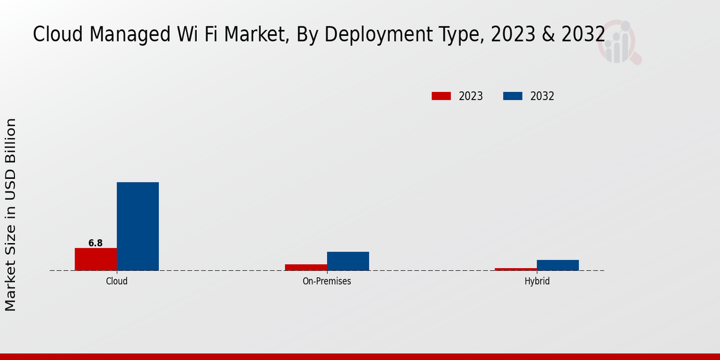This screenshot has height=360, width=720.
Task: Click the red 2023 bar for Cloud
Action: pyautogui.click(x=96, y=259)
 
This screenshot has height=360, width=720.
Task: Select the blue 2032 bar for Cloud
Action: pyautogui.click(x=138, y=226)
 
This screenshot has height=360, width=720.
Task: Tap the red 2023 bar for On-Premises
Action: pyautogui.click(x=306, y=267)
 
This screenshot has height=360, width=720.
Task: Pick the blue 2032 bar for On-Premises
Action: pyautogui.click(x=348, y=261)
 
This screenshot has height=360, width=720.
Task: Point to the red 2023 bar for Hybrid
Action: pyautogui.click(x=516, y=269)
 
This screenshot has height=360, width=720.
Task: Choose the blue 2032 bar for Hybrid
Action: pyautogui.click(x=558, y=265)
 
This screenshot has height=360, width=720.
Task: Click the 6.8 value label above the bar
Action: pyautogui.click(x=95, y=243)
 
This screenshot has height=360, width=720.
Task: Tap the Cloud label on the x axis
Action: pyautogui.click(x=117, y=281)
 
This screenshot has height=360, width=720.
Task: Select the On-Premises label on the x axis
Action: pyautogui.click(x=327, y=281)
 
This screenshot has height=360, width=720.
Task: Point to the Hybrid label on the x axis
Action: pyautogui.click(x=537, y=281)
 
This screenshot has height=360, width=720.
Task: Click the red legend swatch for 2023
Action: pyautogui.click(x=441, y=96)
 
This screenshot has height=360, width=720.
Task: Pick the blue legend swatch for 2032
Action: pyautogui.click(x=512, y=96)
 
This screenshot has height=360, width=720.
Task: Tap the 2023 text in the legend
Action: pyautogui.click(x=471, y=96)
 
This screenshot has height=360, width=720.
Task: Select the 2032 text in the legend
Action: pyautogui.click(x=542, y=96)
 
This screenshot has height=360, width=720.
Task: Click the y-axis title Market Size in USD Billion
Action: pyautogui.click(x=11, y=215)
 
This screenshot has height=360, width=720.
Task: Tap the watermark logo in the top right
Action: pyautogui.click(x=619, y=42)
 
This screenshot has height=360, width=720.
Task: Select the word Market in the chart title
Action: pyautogui.click(x=254, y=35)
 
